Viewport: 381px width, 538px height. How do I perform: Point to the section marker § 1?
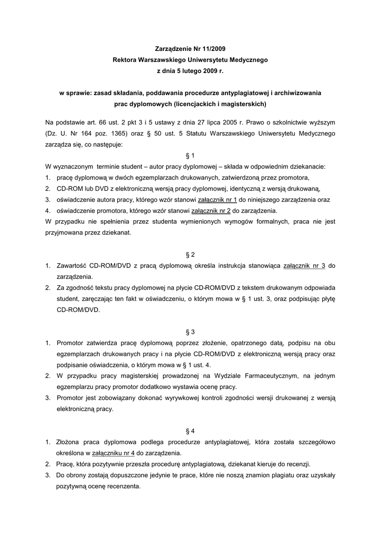(190, 156)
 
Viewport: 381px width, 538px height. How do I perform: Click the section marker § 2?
(190, 255)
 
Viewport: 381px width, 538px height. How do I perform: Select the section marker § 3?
(190, 332)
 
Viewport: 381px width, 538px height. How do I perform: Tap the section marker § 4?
(190, 431)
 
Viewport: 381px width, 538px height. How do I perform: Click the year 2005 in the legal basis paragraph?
(227, 122)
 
